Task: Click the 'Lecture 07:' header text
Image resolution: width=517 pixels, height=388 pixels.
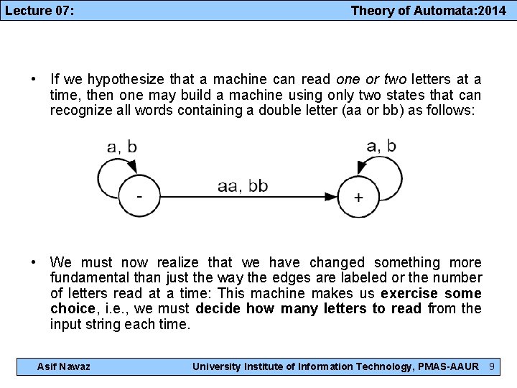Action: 41,10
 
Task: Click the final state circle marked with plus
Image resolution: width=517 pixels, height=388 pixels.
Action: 358,197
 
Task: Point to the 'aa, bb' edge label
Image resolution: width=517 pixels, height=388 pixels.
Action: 243,186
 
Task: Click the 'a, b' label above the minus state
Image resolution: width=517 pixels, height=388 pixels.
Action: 122,147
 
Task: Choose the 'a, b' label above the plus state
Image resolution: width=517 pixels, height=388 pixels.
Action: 381,146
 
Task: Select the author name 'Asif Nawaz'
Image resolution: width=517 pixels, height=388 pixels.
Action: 64,367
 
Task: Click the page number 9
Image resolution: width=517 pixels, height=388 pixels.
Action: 492,367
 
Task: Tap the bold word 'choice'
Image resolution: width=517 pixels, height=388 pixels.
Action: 73,308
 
